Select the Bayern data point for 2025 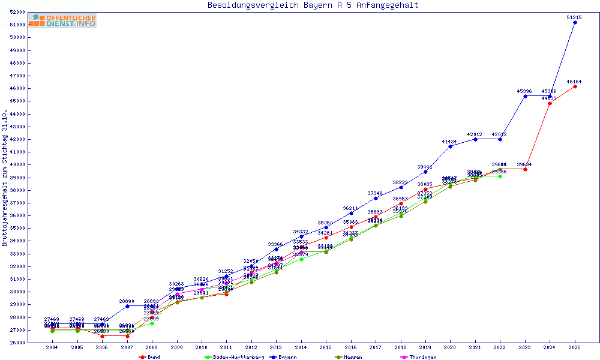(575, 22)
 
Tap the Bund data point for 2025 (575, 86)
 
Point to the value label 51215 (574, 17)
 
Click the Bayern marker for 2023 (525, 96)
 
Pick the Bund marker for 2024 (550, 103)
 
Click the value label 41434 (449, 142)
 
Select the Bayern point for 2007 (127, 306)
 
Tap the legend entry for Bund (149, 357)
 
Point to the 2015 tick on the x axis (326, 347)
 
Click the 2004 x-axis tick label (52, 347)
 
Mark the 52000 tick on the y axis (18, 12)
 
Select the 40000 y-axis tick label (18, 165)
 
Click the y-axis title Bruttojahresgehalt (5, 178)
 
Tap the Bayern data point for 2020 (450, 146)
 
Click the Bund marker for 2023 (525, 169)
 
